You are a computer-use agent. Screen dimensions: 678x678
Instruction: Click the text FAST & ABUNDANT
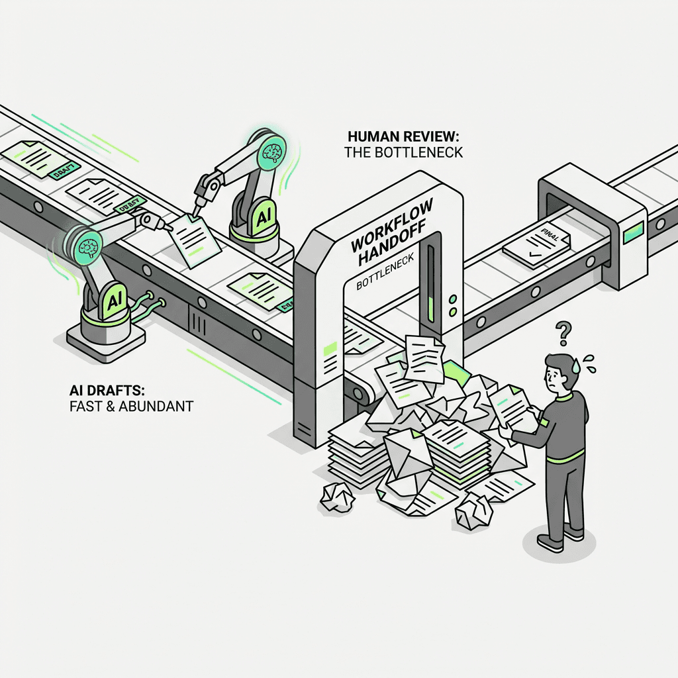click(x=131, y=405)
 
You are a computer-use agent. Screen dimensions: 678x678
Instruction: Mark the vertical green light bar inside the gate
click(x=432, y=281)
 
